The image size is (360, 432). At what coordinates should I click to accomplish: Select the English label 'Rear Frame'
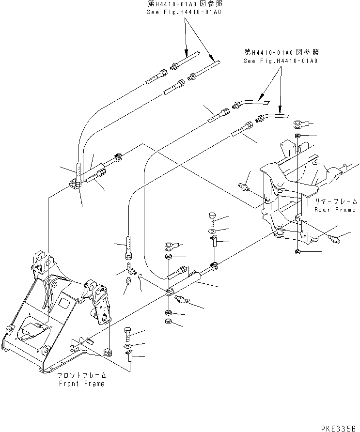335,210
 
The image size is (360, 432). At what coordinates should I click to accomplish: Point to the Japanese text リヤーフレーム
335,201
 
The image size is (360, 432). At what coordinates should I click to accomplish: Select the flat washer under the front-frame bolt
127,346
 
